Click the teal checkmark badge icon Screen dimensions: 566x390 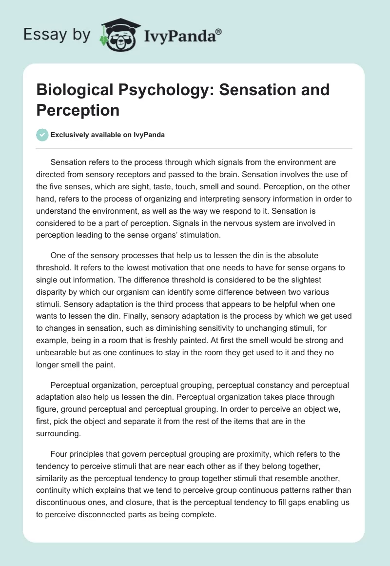point(42,135)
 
